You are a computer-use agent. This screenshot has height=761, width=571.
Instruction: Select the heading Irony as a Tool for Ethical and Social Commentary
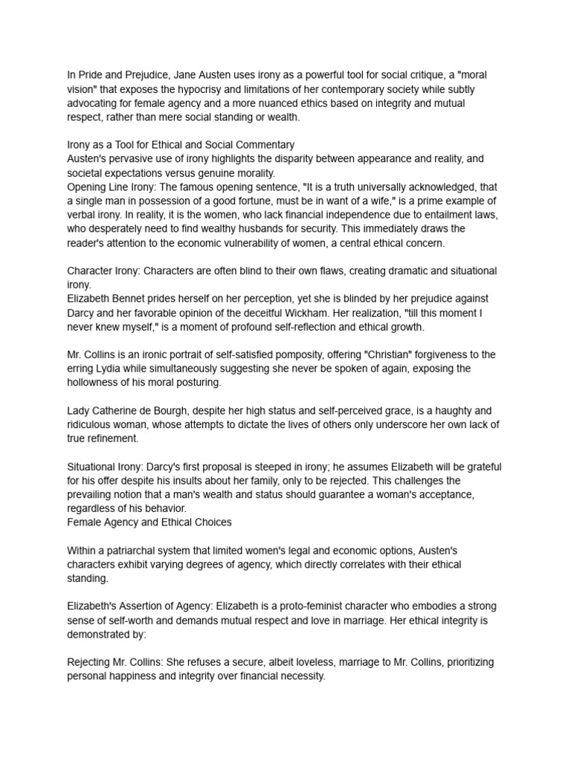[x=181, y=145]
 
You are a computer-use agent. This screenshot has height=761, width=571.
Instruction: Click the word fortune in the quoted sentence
[x=249, y=200]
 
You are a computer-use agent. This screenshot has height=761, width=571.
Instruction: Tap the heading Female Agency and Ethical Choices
[x=149, y=522]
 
